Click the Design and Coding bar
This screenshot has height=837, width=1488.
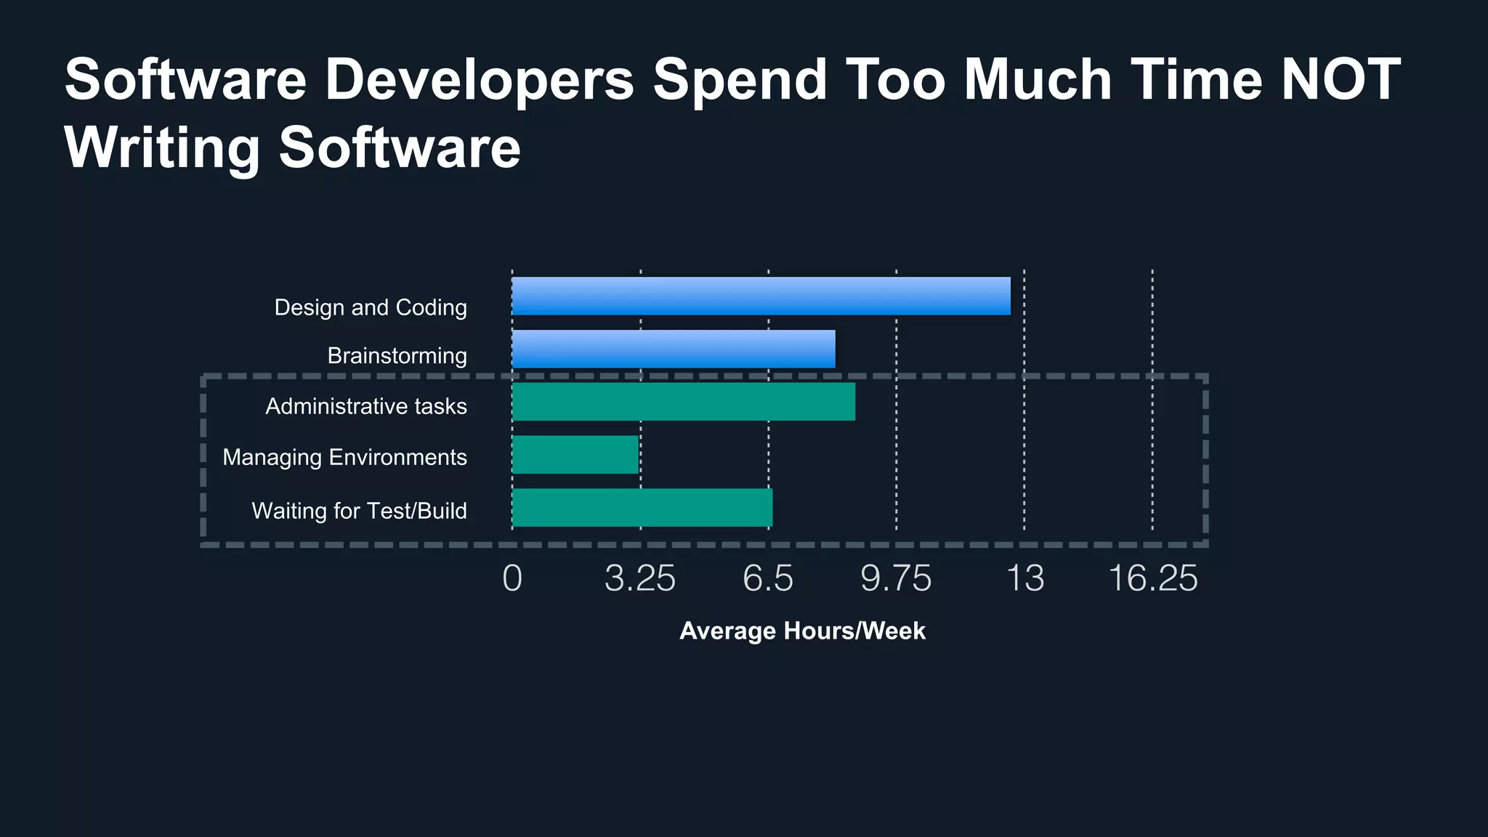click(761, 296)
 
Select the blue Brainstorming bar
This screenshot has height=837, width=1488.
click(674, 349)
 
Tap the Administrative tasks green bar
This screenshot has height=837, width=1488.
click(683, 402)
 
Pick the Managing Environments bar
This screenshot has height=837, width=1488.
click(575, 455)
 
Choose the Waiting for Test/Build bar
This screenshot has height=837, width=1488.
click(642, 508)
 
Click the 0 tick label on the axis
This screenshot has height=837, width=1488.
click(512, 579)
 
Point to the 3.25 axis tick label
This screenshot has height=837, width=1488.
click(640, 579)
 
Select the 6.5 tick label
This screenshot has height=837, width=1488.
click(768, 579)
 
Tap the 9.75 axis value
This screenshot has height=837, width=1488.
click(896, 579)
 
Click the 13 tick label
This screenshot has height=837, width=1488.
click(1024, 579)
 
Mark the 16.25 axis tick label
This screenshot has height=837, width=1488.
click(1153, 579)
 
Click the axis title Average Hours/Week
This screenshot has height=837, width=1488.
click(802, 631)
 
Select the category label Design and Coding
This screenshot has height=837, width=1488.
click(371, 307)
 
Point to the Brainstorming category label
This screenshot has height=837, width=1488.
click(397, 356)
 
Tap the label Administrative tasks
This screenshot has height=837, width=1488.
click(366, 406)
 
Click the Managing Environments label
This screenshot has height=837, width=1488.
click(344, 457)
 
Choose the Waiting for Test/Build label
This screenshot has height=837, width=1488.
click(359, 511)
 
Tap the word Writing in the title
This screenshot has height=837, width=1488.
click(162, 148)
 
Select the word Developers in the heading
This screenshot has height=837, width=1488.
click(479, 79)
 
